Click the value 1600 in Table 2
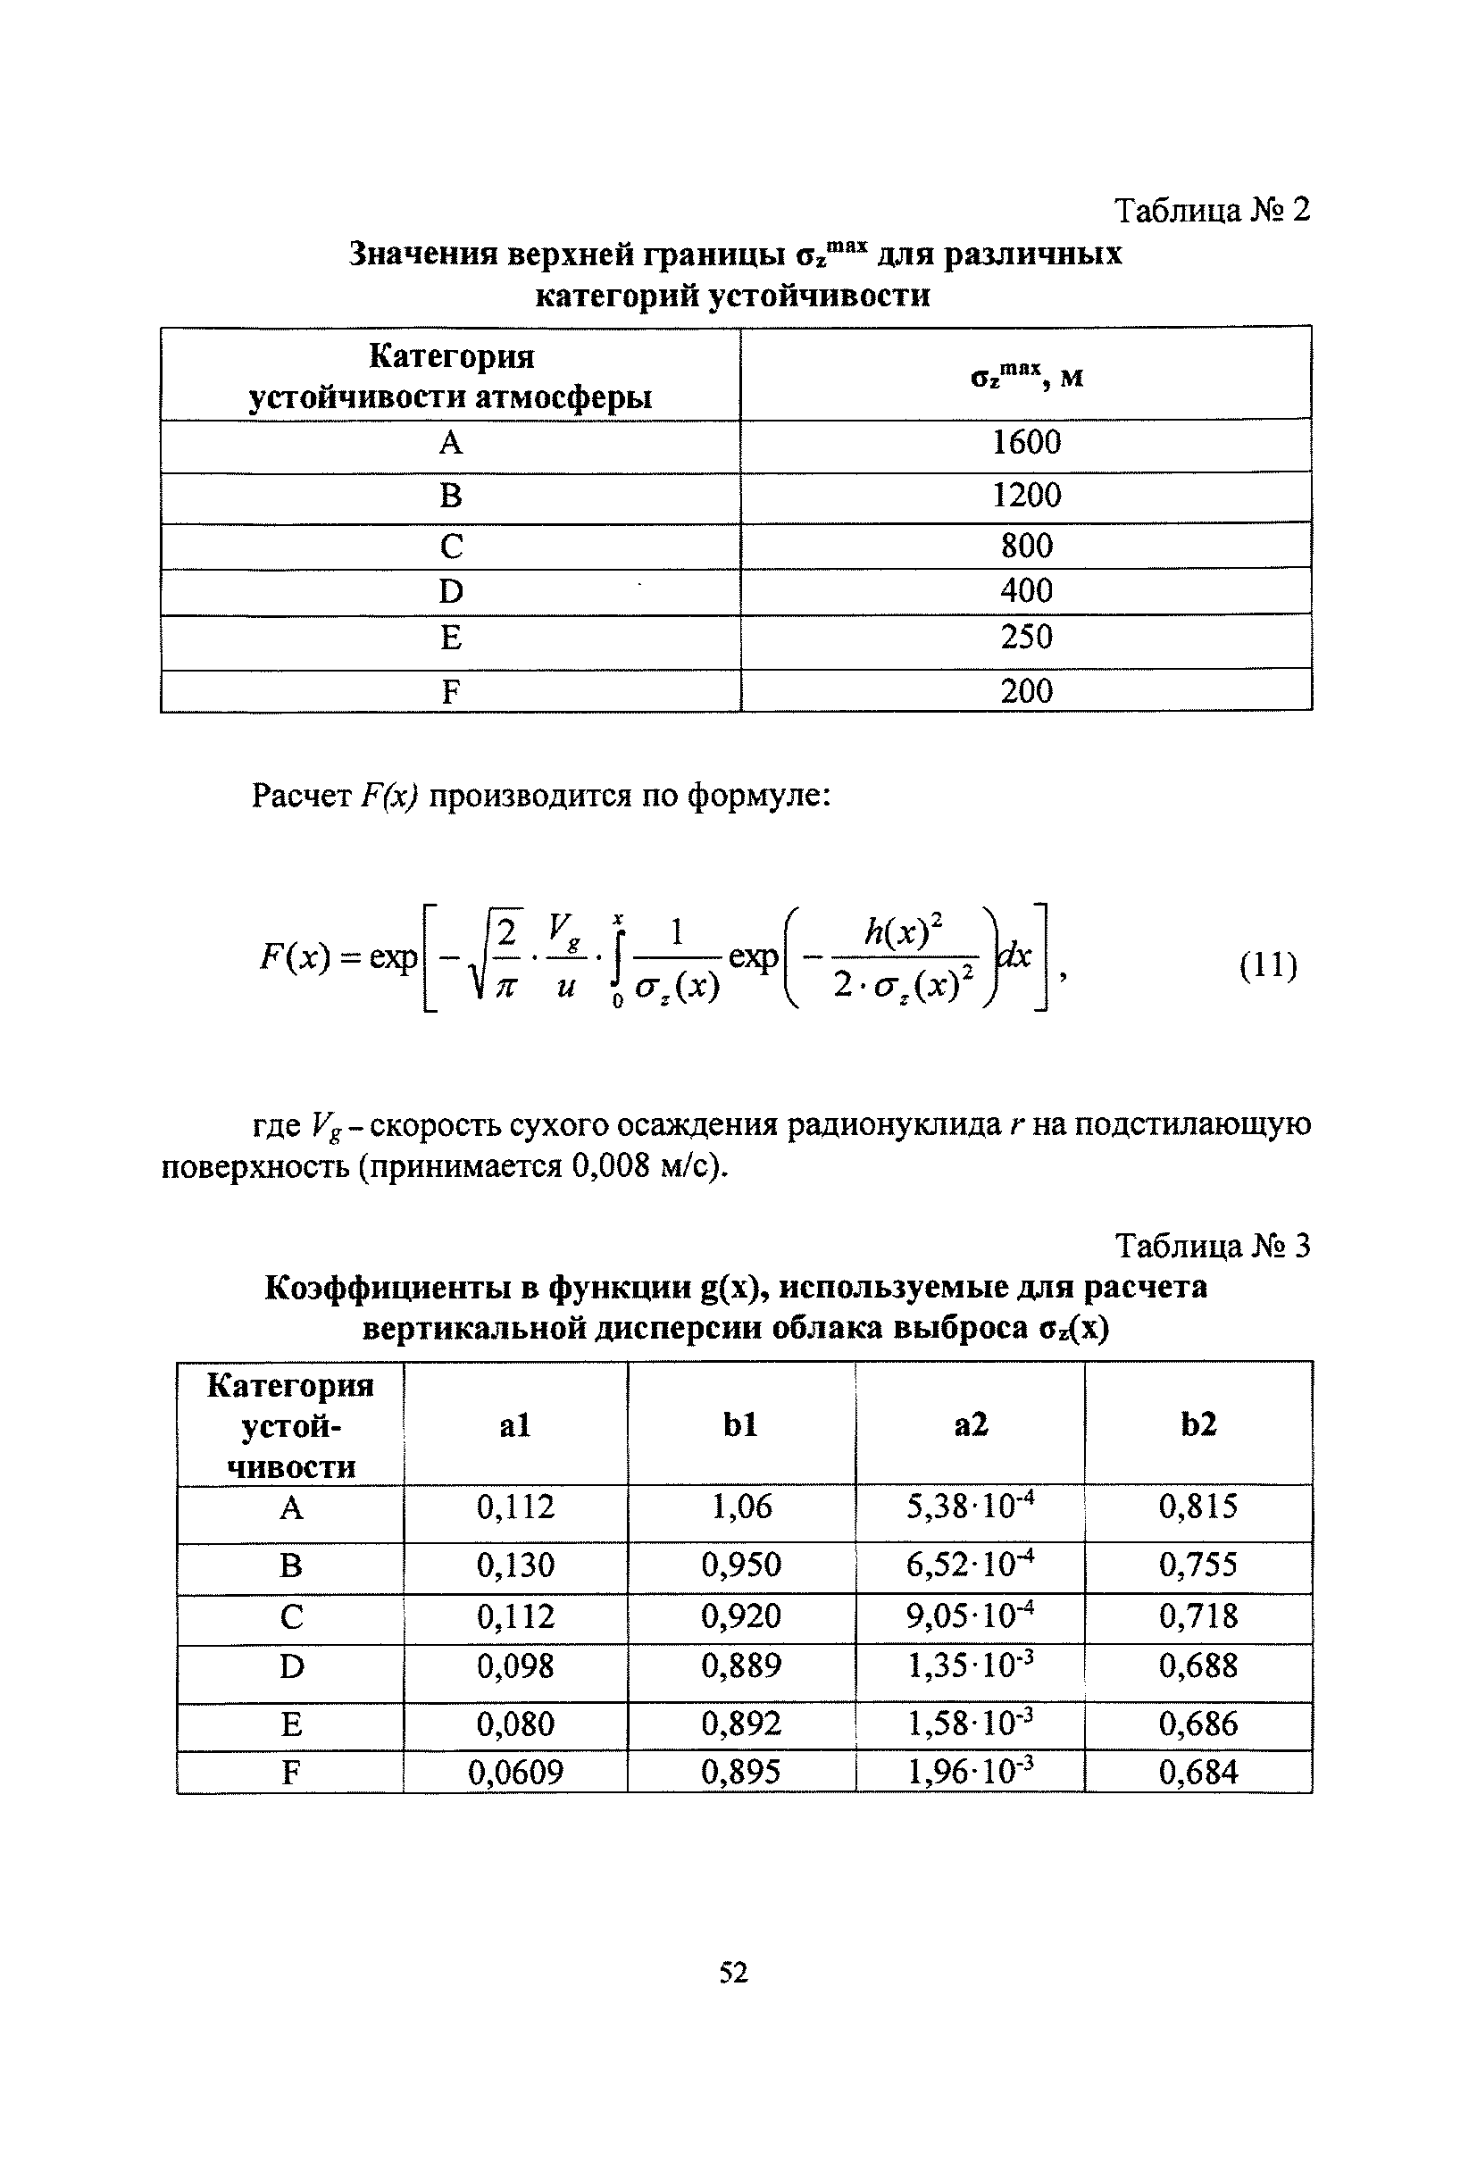pos(1026,442)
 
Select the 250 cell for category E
pos(1026,638)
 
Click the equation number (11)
pos(1268,964)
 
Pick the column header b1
pos(740,1424)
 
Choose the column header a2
pos(970,1424)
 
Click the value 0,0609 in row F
pos(515,1773)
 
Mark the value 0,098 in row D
pos(515,1665)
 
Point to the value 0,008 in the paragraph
pos(609,1165)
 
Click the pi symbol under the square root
pos(506,987)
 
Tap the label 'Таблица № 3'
pos(1211,1246)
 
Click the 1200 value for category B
pos(1026,495)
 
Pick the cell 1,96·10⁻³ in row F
pos(970,1773)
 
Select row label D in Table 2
pos(450,592)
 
